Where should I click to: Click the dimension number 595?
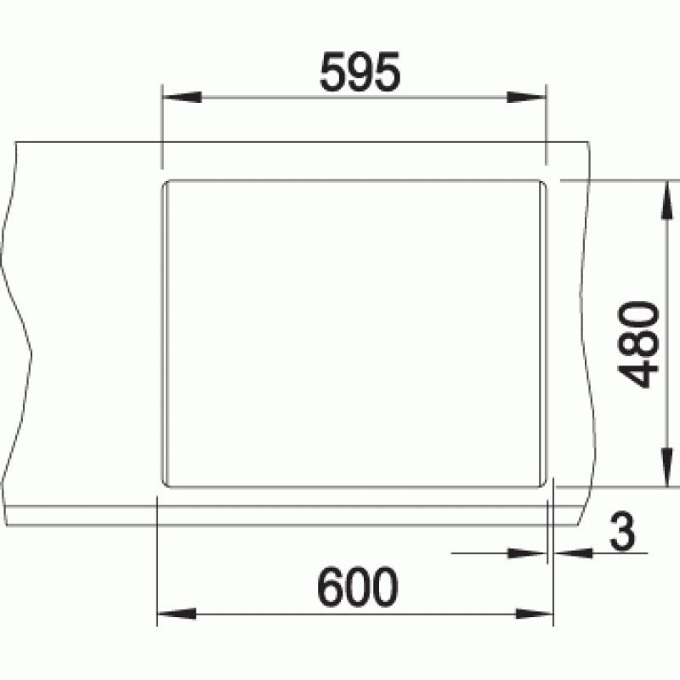coord(360,71)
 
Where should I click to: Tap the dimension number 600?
coord(358,586)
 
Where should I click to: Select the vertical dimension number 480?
coord(638,343)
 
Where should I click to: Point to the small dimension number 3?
coord(622,530)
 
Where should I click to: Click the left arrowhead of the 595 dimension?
coord(182,97)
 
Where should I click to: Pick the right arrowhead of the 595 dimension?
coord(526,97)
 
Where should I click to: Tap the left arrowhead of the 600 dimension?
coord(177,614)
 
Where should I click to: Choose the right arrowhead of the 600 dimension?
coord(534,614)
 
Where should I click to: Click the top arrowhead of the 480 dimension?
coord(666,201)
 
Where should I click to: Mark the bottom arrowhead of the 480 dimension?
coord(666,467)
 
